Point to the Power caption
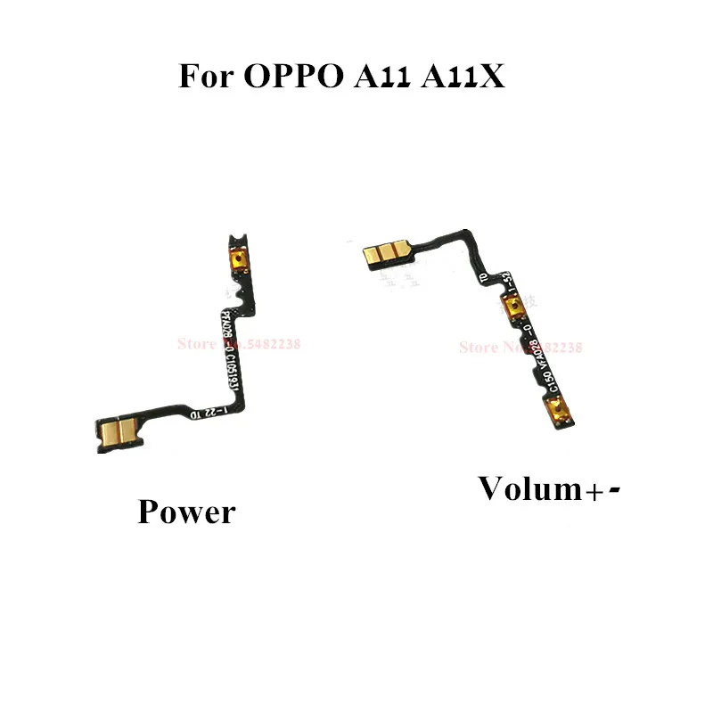pyautogui.click(x=186, y=512)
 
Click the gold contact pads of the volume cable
pyautogui.click(x=383, y=255)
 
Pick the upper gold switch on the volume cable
pyautogui.click(x=514, y=308)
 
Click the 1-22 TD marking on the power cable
pyautogui.click(x=210, y=411)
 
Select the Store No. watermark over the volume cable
pyautogui.click(x=520, y=347)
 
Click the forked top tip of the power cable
pyautogui.click(x=236, y=240)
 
